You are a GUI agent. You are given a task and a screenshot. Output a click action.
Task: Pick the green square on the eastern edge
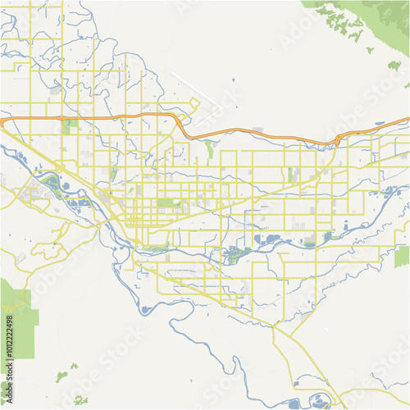point(402,257)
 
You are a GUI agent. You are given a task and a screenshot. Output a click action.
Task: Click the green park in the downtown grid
point(166,203)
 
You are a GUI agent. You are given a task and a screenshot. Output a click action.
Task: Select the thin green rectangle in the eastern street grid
point(289,175)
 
